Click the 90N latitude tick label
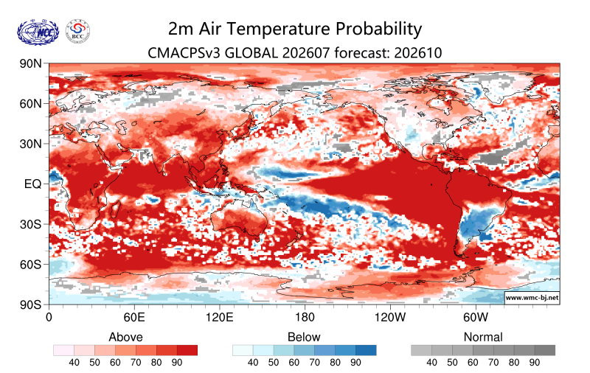click(30, 63)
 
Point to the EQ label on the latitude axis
click(32, 184)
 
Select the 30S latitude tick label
click(30, 224)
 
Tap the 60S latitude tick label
click(30, 265)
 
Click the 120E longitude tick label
click(219, 317)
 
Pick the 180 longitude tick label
click(305, 317)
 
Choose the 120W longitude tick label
click(390, 317)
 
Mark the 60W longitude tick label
click(476, 317)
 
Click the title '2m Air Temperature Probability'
click(295, 29)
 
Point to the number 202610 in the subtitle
click(418, 52)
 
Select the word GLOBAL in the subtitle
click(251, 52)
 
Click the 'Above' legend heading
click(125, 337)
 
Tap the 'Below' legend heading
click(304, 337)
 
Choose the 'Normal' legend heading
click(483, 337)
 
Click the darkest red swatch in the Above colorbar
click(187, 350)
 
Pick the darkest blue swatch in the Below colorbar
click(366, 350)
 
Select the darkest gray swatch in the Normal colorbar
click(545, 350)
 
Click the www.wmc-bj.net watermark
click(532, 297)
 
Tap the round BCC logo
click(78, 31)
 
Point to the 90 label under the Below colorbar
click(355, 363)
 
